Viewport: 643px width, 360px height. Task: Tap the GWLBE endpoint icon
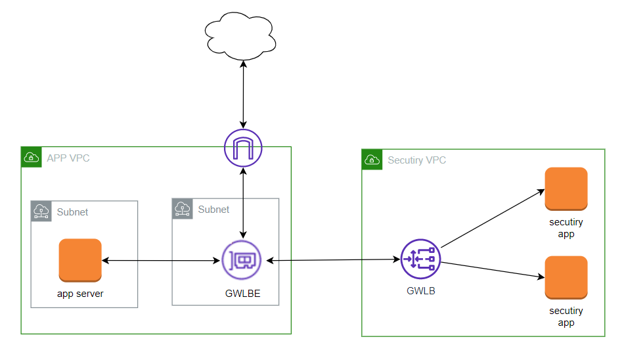coord(241,260)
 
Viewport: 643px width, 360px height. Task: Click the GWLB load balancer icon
coord(420,259)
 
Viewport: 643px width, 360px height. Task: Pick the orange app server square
coord(80,260)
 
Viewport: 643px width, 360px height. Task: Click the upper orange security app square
coord(565,189)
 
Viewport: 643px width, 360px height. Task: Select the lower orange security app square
coord(565,278)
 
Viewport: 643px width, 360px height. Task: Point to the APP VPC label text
coord(68,158)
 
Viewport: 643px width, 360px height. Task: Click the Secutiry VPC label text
coord(416,160)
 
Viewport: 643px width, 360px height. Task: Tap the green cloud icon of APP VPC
coord(31,157)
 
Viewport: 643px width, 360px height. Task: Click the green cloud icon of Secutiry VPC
coord(372,160)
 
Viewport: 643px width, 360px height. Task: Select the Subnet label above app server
coord(72,212)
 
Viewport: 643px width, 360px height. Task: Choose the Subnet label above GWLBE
coord(213,209)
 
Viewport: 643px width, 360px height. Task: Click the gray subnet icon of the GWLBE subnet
coord(182,209)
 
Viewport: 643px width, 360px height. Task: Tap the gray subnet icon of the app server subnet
coord(41,212)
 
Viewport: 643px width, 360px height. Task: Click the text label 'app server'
coord(80,294)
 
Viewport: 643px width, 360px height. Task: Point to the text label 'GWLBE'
coord(242,294)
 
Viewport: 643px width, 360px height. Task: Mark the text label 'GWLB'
coord(420,290)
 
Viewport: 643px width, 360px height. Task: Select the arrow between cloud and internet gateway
coord(244,95)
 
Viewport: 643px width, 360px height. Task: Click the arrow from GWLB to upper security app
coord(493,219)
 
